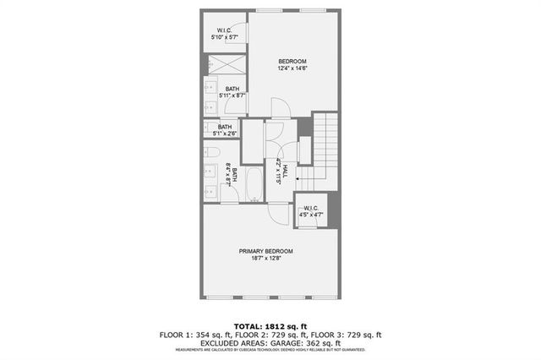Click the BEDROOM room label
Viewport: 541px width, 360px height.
pyautogui.click(x=292, y=61)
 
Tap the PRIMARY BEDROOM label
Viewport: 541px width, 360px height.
pyautogui.click(x=265, y=251)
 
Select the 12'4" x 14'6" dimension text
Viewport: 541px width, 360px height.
pyautogui.click(x=292, y=69)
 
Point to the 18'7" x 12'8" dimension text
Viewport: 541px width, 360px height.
pyautogui.click(x=265, y=259)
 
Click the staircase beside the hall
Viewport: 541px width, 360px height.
pyautogui.click(x=324, y=152)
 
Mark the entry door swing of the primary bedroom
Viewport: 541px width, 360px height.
pyautogui.click(x=276, y=213)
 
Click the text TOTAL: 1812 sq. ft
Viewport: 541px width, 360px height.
pyautogui.click(x=270, y=325)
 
